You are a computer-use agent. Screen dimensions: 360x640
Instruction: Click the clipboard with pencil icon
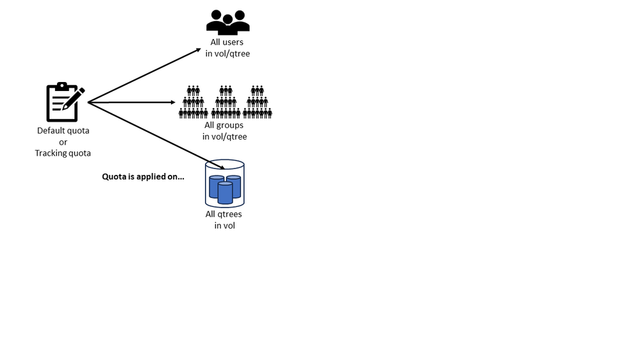click(63, 102)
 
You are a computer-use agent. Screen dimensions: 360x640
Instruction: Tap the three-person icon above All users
click(227, 22)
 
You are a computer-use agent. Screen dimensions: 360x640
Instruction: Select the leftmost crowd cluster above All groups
click(193, 102)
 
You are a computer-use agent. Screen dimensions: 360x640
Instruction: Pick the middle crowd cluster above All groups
click(226, 102)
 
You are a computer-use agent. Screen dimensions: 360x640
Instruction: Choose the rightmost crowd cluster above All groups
click(258, 102)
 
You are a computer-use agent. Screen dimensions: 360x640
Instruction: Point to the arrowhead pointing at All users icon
click(197, 51)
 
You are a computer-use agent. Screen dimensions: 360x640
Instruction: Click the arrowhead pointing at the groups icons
click(173, 102)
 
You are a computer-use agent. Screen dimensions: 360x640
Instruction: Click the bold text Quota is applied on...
click(143, 176)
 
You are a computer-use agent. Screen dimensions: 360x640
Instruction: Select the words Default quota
click(63, 131)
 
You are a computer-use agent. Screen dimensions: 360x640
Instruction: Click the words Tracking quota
click(63, 153)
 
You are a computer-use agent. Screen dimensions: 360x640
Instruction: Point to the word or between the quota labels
click(63, 142)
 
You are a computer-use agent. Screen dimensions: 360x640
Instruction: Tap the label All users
click(227, 42)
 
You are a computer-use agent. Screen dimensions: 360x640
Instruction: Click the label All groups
click(224, 125)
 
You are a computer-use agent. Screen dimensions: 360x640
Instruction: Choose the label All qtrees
click(224, 214)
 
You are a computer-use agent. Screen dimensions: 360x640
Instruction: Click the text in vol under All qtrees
click(224, 225)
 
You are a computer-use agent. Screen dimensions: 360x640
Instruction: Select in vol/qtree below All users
click(227, 54)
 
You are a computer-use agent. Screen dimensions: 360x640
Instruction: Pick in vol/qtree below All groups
click(224, 136)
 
